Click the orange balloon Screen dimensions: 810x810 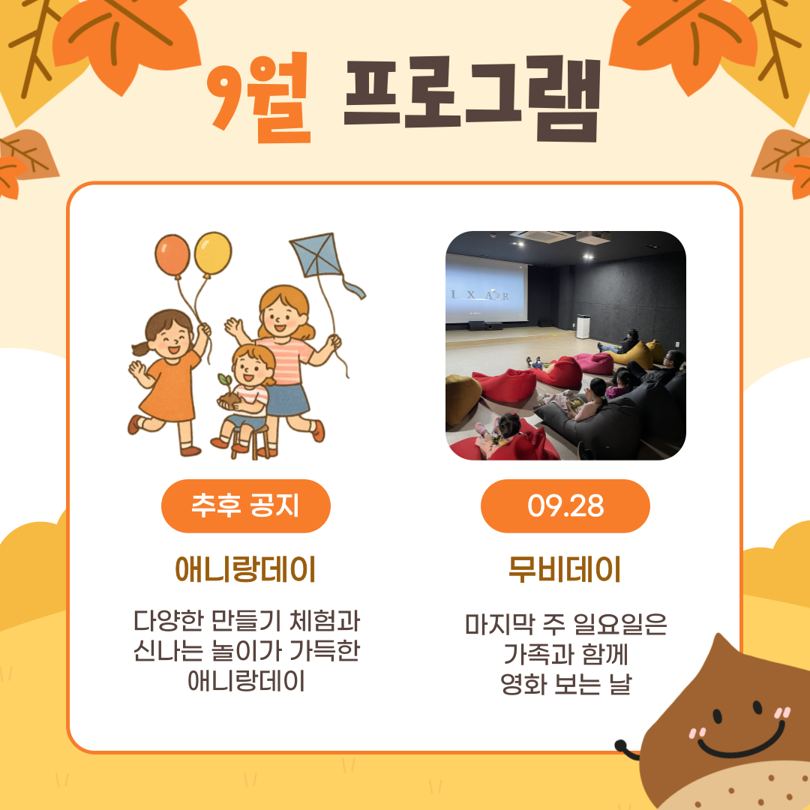coord(172,255)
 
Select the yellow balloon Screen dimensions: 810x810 coord(213,253)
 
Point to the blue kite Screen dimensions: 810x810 coord(316,255)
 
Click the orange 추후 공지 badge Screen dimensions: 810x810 coord(245,505)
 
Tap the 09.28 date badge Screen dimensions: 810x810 coord(565,505)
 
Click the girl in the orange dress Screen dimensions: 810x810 coord(168,379)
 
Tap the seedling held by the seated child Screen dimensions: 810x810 coord(225,382)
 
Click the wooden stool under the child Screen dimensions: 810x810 coord(251,442)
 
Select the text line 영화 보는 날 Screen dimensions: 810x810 coord(565,684)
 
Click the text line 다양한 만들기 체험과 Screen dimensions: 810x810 coord(247,620)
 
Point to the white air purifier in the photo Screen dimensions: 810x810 coord(583,326)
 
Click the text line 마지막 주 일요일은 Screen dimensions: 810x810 coord(565,624)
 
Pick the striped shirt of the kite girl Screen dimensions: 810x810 coord(286,359)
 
